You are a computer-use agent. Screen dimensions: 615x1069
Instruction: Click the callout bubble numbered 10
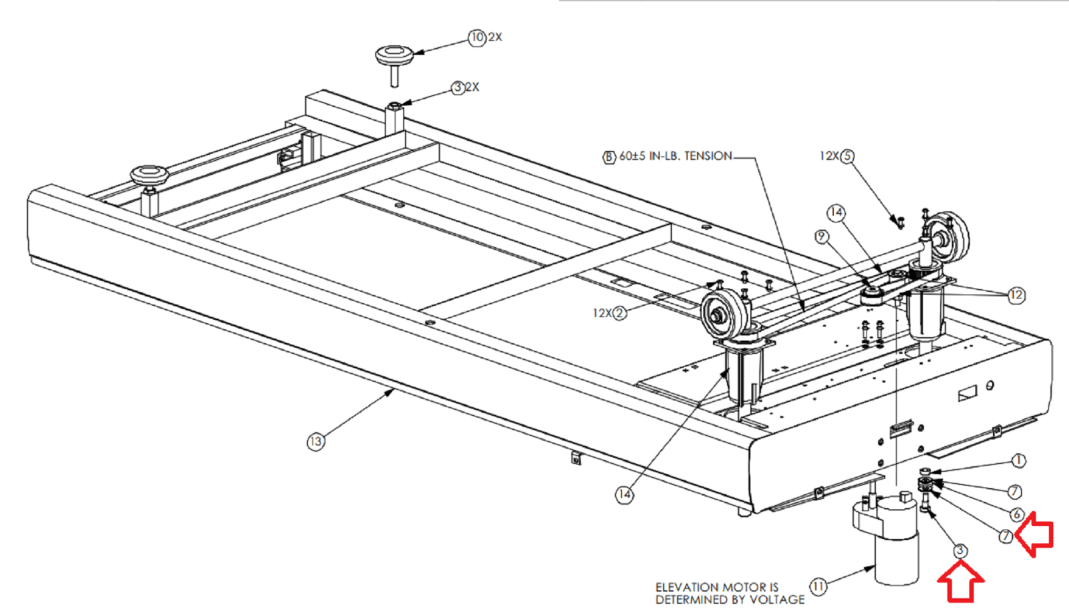click(x=476, y=37)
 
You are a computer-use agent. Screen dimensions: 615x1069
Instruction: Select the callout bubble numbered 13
click(x=315, y=441)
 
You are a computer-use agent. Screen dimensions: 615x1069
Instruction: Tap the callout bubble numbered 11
click(x=818, y=586)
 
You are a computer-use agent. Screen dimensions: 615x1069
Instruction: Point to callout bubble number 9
click(x=821, y=236)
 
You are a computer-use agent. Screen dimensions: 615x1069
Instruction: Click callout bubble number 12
click(x=1016, y=294)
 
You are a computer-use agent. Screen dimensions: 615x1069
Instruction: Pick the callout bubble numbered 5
click(x=847, y=156)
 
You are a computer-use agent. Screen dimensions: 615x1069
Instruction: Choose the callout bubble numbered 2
click(x=620, y=313)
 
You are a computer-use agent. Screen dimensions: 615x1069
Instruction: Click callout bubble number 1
click(x=1018, y=461)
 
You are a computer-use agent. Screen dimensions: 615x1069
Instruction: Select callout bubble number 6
click(x=1017, y=514)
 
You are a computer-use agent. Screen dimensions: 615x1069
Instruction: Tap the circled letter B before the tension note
click(x=609, y=157)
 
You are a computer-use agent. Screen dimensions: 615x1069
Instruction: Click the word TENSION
click(x=708, y=156)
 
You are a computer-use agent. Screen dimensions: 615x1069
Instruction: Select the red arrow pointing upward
click(x=960, y=582)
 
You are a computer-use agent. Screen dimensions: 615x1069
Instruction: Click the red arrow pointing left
click(x=1035, y=534)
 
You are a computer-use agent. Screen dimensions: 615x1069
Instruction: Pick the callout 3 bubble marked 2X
click(x=458, y=87)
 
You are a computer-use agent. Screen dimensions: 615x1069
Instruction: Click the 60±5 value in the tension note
click(x=632, y=156)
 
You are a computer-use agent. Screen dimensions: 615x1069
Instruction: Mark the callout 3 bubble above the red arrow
click(x=960, y=551)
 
